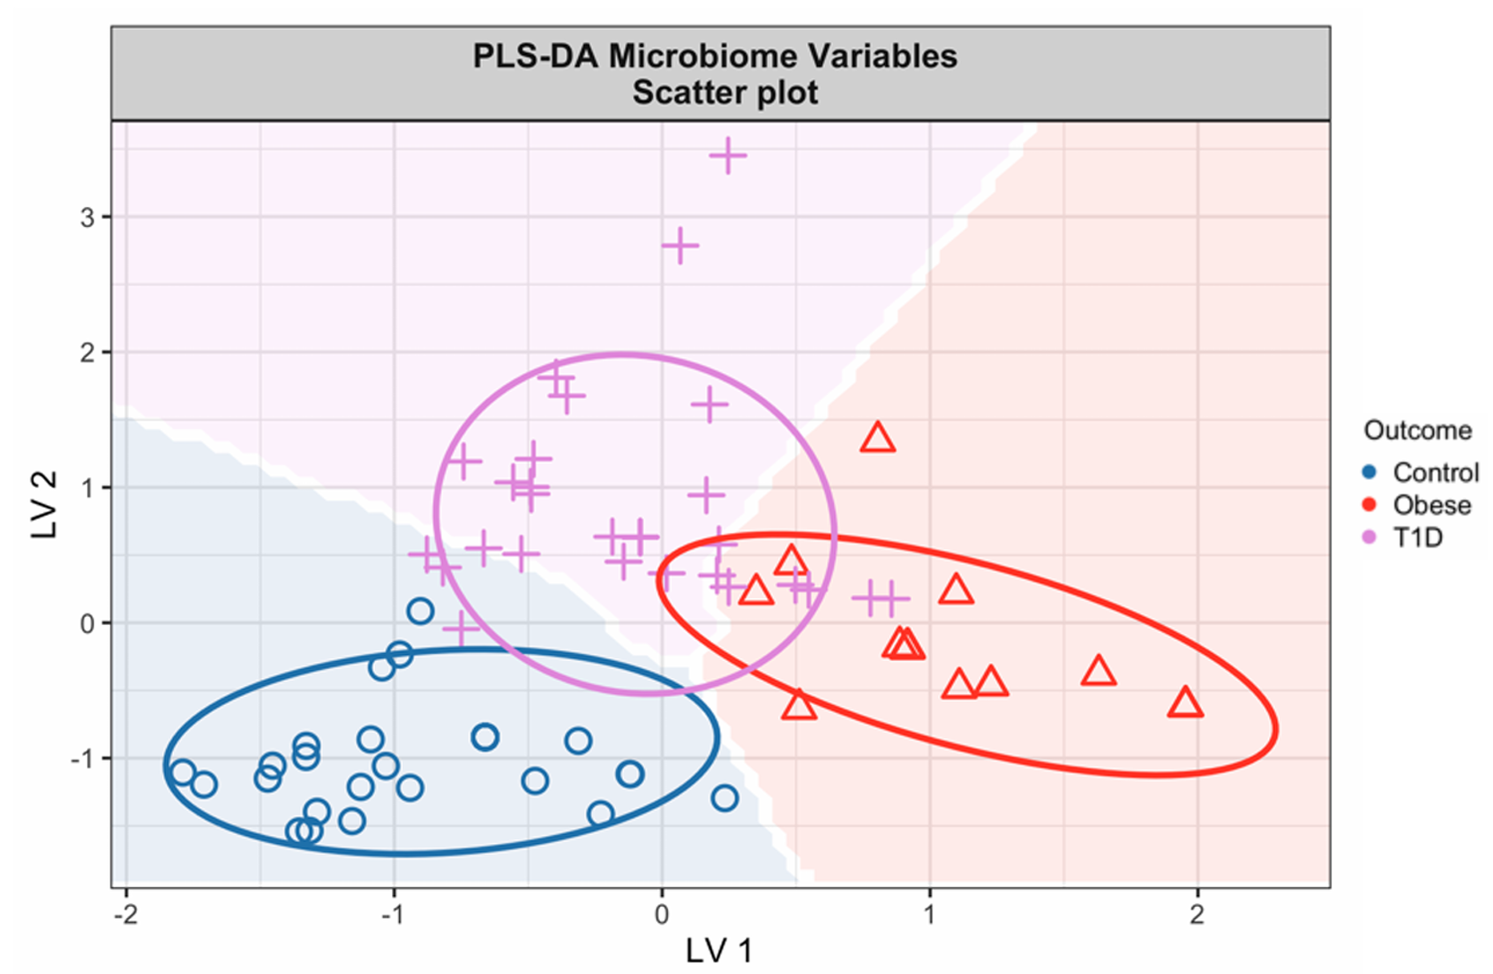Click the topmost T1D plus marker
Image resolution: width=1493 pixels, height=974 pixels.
point(727,156)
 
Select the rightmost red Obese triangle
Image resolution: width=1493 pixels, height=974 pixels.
point(1185,702)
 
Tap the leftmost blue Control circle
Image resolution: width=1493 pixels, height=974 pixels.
point(183,772)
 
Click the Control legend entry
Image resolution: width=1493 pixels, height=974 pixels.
point(1435,473)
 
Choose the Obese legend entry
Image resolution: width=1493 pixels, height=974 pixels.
point(1431,505)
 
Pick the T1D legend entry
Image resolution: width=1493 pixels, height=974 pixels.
point(1417,537)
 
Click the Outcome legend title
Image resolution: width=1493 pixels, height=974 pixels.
point(1417,430)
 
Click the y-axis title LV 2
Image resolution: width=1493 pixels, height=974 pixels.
point(45,505)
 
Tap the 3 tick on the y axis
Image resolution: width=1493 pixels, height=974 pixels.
point(87,217)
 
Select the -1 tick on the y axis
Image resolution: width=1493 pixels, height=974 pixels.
point(82,759)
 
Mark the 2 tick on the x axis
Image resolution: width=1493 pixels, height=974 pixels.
point(1197,914)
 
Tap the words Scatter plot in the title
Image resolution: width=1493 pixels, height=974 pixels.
point(725,92)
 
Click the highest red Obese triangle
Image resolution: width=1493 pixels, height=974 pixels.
point(878,439)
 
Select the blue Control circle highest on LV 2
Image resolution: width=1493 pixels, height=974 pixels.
point(420,612)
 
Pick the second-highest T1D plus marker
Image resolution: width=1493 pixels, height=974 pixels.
point(680,245)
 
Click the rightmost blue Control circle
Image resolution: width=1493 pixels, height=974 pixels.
point(725,797)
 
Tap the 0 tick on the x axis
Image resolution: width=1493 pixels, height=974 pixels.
point(662,914)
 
